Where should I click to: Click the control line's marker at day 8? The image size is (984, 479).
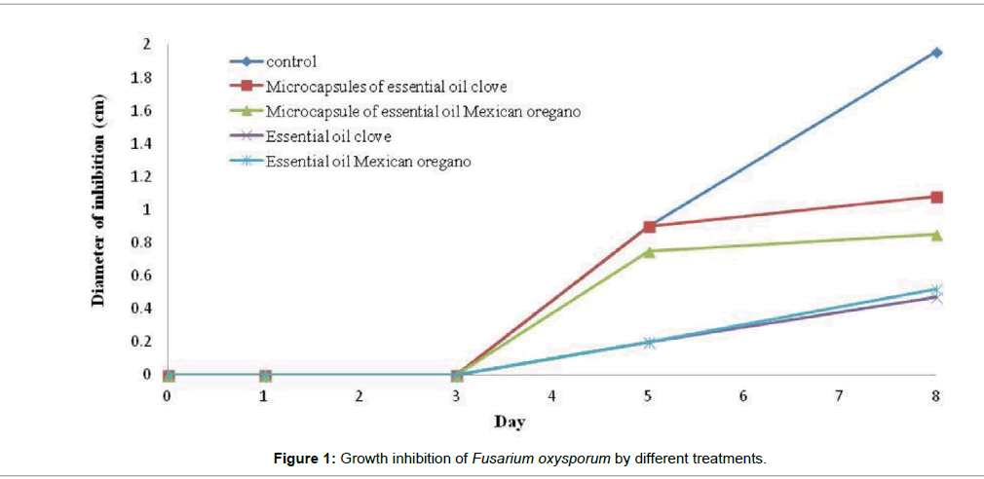tap(936, 52)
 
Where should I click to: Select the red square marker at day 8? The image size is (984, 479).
tap(936, 197)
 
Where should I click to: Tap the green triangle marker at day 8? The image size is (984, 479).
tap(936, 235)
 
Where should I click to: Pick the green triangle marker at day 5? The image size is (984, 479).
tap(649, 250)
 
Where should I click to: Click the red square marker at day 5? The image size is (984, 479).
tap(649, 226)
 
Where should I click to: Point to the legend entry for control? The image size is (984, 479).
tap(292, 61)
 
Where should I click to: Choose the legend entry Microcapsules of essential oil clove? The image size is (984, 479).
tap(385, 87)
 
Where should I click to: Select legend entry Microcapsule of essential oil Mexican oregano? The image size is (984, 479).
tap(423, 112)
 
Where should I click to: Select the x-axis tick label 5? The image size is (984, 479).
tap(648, 396)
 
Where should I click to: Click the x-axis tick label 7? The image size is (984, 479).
tap(840, 396)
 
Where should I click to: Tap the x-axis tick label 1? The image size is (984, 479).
tap(264, 396)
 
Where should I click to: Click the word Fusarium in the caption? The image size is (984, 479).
tap(501, 458)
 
